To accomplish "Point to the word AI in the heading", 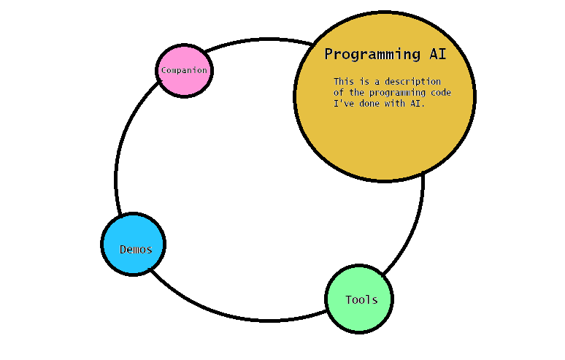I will coord(437,54).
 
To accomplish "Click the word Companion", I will coord(184,71).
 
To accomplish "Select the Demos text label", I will coord(136,249).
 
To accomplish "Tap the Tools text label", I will coord(361,299).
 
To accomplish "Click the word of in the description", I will coord(339,93).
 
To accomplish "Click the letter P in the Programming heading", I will coord(329,54).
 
